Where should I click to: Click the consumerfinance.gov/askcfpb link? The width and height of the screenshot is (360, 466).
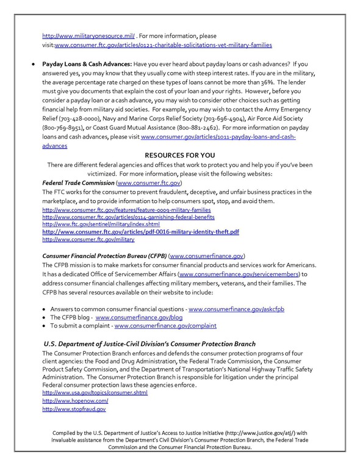[x=236, y=309]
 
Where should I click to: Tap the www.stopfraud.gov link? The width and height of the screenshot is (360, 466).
[x=65, y=409]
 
